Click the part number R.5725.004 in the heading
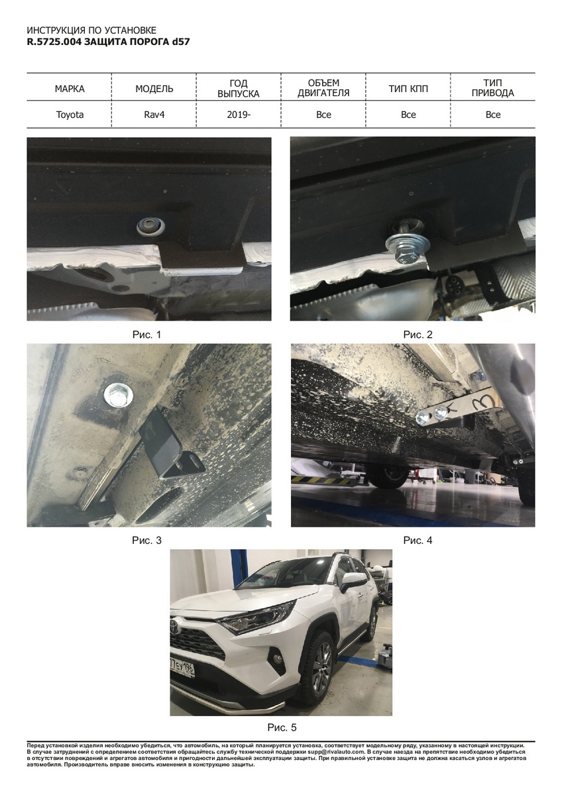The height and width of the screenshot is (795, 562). click(x=54, y=42)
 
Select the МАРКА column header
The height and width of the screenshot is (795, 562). click(x=70, y=89)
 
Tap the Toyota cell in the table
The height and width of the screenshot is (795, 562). click(x=70, y=115)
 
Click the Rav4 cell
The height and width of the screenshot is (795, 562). click(x=154, y=115)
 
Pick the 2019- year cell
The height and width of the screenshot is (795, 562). click(x=239, y=115)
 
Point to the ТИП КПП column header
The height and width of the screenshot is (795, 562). click(x=408, y=89)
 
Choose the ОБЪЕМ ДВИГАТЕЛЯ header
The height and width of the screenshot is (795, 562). click(x=323, y=88)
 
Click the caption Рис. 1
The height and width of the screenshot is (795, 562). click(x=146, y=335)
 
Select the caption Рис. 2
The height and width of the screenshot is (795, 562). click(x=418, y=335)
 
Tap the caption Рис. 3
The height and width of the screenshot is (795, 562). click(x=146, y=540)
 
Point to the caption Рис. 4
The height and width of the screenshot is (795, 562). click(x=418, y=540)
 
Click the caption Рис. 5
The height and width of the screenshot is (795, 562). click(x=282, y=727)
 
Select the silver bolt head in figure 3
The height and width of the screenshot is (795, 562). click(x=118, y=396)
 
